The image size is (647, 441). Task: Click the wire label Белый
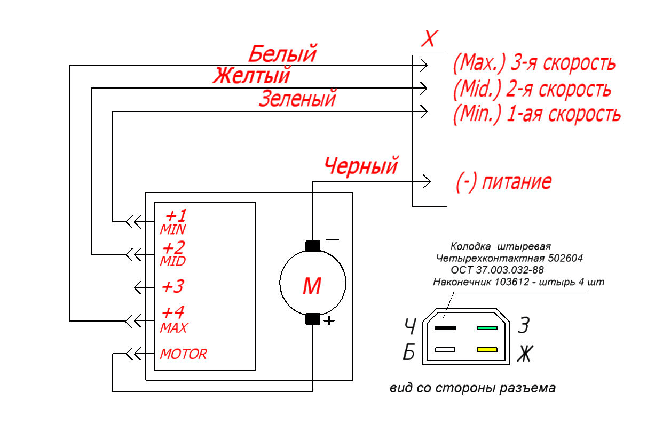[282, 53]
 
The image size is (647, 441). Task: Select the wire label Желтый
[251, 75]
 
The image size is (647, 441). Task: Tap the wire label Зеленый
[297, 98]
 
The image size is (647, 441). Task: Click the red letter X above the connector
[430, 38]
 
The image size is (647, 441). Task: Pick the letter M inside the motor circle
[312, 286]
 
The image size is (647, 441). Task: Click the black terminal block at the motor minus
[312, 246]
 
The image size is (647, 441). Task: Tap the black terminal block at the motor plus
[312, 319]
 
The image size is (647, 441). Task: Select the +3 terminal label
[173, 286]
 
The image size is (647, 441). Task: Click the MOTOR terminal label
[184, 354]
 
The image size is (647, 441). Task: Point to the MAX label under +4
[174, 328]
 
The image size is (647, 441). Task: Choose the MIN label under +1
[173, 229]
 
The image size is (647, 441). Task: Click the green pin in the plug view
[487, 328]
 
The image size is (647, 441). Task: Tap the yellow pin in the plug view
[487, 349]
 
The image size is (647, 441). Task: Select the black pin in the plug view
[445, 328]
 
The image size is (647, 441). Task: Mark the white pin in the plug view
[445, 349]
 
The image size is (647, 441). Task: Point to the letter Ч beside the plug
[410, 326]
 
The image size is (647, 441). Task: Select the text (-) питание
[504, 181]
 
